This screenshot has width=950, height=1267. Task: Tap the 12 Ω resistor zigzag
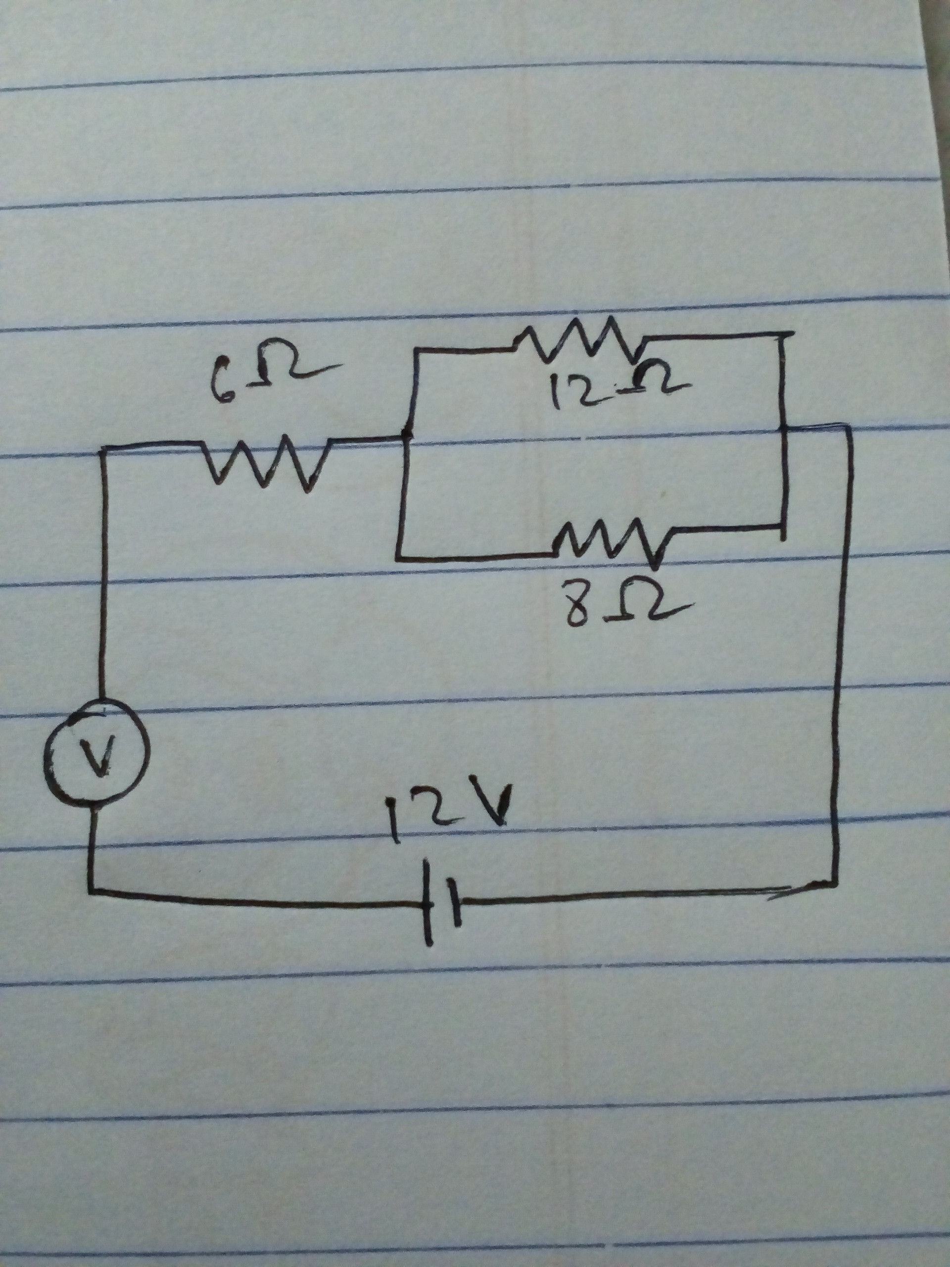[578, 341]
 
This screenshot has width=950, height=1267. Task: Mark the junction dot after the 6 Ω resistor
[405, 438]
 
